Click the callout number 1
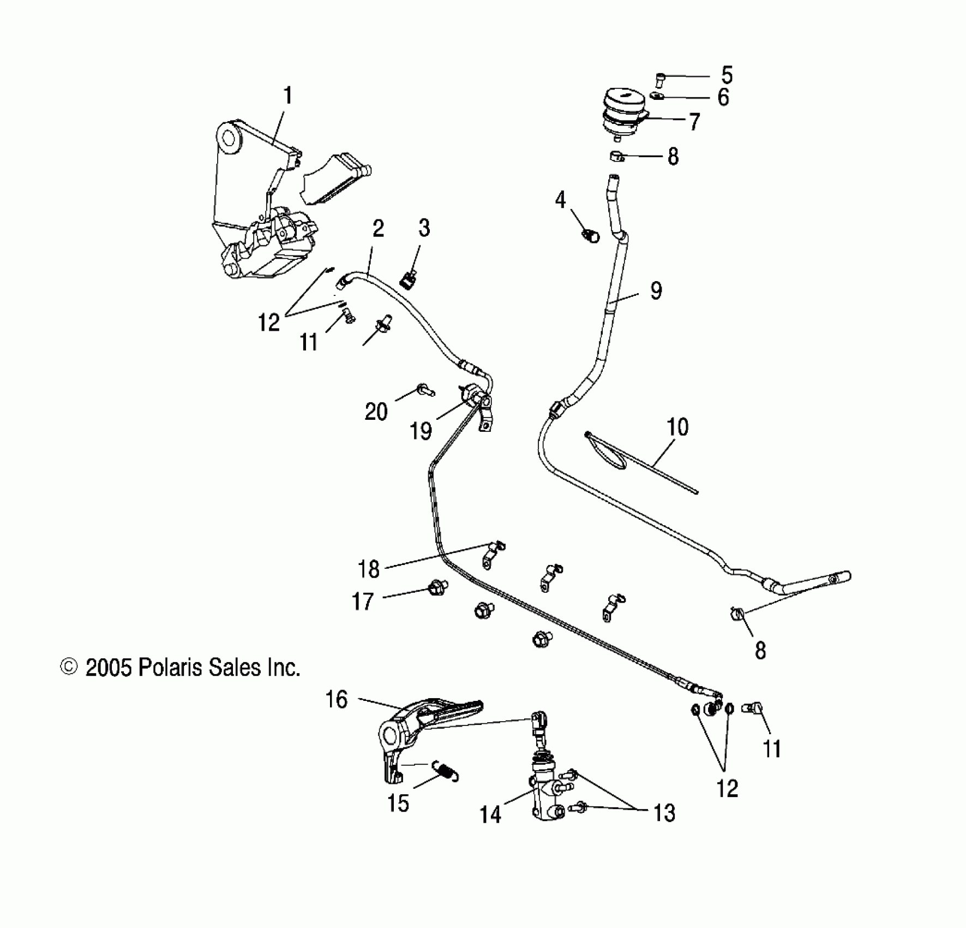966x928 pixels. [x=288, y=97]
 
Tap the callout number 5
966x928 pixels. [x=727, y=75]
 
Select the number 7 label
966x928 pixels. [x=694, y=122]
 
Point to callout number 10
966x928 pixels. [x=677, y=427]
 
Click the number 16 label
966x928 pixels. [x=337, y=699]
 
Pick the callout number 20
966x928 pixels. [x=376, y=412]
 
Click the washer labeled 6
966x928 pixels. [x=657, y=97]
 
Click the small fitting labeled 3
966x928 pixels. [x=407, y=281]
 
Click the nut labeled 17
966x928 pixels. [x=437, y=588]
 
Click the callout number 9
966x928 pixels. [x=656, y=291]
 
